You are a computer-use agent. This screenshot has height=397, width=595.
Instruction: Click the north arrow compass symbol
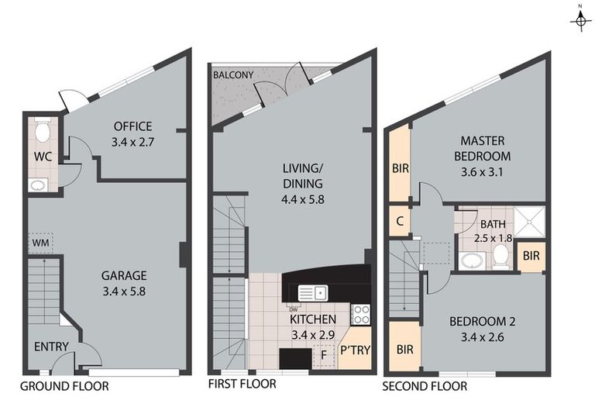pos(580,21)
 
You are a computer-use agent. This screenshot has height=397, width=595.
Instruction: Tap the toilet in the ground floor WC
pos(42,130)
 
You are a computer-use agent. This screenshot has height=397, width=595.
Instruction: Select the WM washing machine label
pos(40,243)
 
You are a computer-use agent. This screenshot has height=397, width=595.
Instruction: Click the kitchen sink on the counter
pos(313,293)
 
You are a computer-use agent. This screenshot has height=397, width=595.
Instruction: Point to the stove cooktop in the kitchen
pos(360,315)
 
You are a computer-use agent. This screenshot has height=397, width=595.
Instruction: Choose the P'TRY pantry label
pos(355,350)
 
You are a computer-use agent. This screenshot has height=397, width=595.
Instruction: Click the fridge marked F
pos(324,355)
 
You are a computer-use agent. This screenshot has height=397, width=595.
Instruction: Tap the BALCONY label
pos(233,75)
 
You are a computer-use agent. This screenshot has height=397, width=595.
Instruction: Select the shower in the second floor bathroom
pos(530,223)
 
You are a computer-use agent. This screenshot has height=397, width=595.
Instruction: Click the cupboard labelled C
pos(400,221)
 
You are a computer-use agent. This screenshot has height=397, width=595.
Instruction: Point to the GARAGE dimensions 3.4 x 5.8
pos(124,292)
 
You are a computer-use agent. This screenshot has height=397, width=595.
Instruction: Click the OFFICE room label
pos(132,126)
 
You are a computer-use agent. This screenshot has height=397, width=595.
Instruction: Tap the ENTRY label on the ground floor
pos(51,347)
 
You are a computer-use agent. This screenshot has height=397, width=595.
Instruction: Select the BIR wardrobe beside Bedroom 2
pos(405,349)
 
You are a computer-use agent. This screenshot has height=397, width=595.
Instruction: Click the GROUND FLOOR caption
pos(64,386)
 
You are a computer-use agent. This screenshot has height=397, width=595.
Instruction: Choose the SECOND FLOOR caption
pos(425,386)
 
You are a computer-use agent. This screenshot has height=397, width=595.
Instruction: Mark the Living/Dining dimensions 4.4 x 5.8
pos(303,199)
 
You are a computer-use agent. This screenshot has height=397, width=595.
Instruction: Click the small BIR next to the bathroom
pos(531,256)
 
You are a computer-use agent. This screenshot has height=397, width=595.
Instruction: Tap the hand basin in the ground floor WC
pos(37,185)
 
